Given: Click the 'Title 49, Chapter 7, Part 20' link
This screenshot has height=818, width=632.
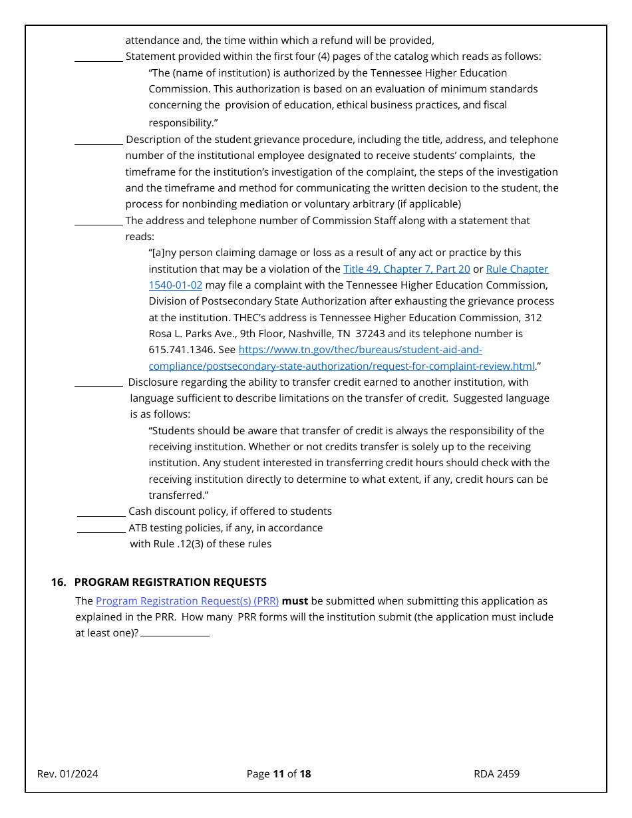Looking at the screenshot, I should [406, 269].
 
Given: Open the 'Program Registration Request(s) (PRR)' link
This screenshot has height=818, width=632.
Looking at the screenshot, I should [187, 601].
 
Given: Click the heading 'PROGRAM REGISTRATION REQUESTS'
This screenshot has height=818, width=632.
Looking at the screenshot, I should [170, 583].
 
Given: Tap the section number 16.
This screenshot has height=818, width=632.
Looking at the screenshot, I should [59, 583].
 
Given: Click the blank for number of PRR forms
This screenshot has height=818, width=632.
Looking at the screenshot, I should [175, 634].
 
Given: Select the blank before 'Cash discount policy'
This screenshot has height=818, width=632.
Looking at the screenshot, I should [101, 513].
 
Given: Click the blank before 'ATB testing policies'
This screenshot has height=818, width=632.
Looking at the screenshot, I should [101, 530].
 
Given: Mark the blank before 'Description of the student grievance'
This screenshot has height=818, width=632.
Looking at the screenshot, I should [98, 142].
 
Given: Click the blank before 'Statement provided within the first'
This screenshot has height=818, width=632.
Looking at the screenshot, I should [98, 59].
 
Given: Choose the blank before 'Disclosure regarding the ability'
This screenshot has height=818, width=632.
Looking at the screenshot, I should [98, 384].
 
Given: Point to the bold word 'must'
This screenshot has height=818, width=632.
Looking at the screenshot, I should [295, 601].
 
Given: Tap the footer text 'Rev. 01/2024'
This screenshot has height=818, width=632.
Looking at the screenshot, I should [68, 774].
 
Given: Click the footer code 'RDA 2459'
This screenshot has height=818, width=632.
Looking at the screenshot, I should [496, 774].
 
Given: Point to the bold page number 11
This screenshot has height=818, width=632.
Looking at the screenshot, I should [278, 774].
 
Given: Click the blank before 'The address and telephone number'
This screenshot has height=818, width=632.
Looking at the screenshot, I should [98, 223].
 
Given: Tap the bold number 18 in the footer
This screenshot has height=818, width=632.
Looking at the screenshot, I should [305, 774].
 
